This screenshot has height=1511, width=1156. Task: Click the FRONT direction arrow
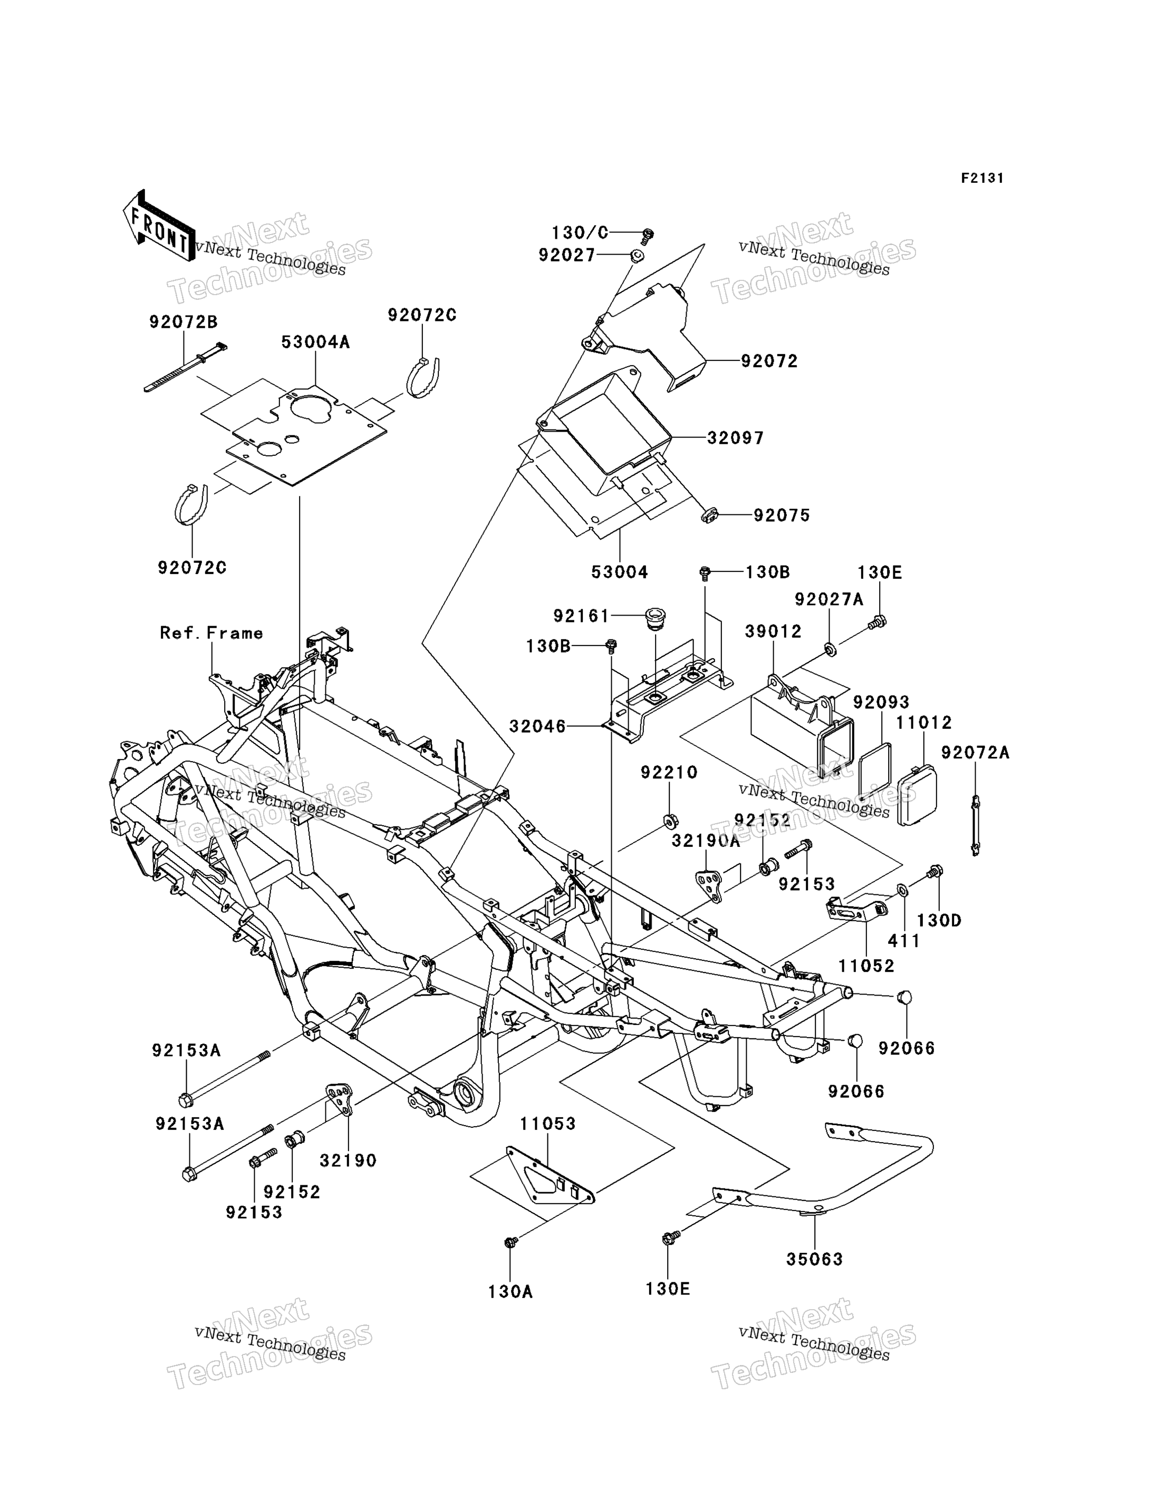(x=159, y=226)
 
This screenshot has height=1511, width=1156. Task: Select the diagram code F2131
(x=982, y=178)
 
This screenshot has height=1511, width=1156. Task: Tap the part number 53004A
(x=315, y=342)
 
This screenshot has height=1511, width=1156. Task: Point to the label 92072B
(x=183, y=322)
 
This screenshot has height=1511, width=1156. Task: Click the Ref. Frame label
(x=211, y=633)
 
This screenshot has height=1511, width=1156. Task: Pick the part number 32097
(x=736, y=438)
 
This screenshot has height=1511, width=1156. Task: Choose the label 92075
(x=782, y=515)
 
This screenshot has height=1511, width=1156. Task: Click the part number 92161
(x=582, y=616)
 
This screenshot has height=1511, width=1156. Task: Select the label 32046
(x=537, y=726)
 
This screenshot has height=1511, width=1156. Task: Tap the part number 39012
(x=774, y=631)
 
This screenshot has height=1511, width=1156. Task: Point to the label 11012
(x=923, y=723)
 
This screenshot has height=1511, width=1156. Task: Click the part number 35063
(x=815, y=1259)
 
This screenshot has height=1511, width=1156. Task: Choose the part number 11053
(x=548, y=1124)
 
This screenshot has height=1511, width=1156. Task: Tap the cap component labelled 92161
(x=654, y=618)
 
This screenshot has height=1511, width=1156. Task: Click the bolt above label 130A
(x=510, y=1241)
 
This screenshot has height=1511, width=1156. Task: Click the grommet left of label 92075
(x=709, y=514)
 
